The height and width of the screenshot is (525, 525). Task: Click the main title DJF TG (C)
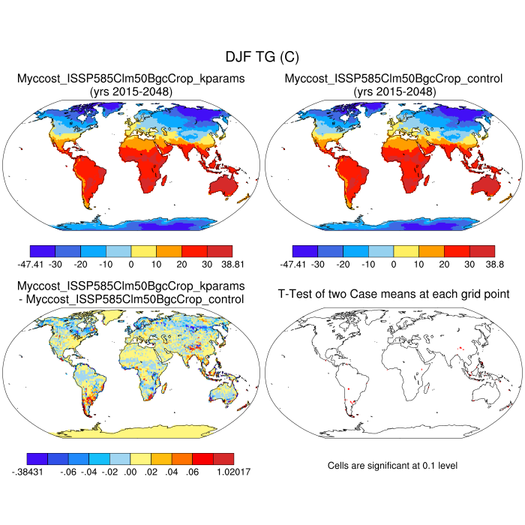[262, 57]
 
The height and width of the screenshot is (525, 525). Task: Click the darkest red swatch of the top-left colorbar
[220, 250]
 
